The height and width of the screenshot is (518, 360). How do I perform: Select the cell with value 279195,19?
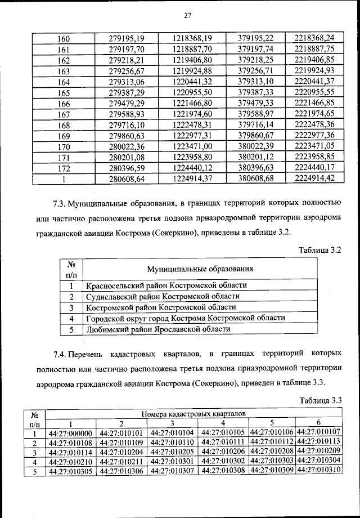127,38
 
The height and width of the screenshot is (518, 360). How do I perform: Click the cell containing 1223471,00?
192,147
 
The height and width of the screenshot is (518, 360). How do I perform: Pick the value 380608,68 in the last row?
255,179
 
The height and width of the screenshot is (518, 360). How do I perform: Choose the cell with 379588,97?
255,114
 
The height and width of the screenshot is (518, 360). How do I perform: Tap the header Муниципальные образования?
200,269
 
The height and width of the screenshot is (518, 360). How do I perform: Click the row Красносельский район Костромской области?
166,285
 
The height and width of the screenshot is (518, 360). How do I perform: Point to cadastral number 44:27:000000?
70,434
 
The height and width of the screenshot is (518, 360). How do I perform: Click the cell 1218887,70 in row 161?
192,50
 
